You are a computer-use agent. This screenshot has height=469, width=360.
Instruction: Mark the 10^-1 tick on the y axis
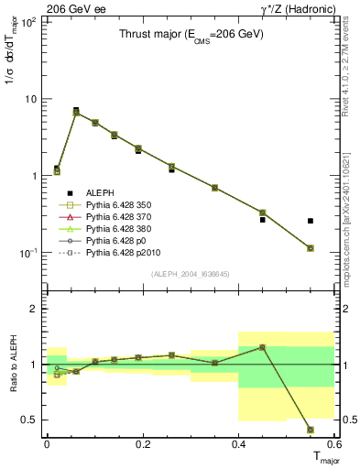(x=27, y=253)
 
